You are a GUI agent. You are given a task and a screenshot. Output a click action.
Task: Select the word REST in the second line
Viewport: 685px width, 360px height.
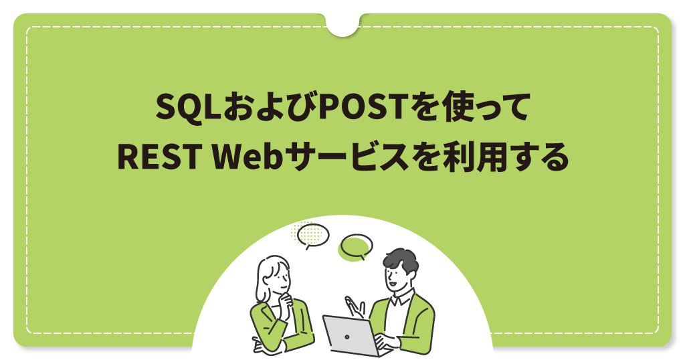click(x=159, y=157)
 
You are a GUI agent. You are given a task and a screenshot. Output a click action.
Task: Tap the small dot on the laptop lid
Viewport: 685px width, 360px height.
click(x=347, y=337)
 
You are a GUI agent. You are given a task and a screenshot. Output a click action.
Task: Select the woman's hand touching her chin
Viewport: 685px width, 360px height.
click(x=286, y=301)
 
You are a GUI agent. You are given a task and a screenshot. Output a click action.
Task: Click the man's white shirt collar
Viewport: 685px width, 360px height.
click(x=402, y=299)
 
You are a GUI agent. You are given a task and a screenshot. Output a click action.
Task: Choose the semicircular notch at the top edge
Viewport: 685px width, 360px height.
click(x=342, y=25)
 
